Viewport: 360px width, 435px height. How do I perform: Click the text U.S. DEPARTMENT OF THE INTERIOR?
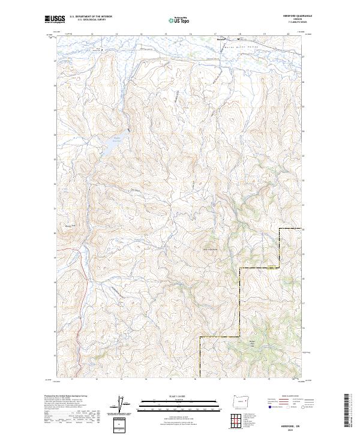[91, 17]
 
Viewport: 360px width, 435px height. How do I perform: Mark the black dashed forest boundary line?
[240, 300]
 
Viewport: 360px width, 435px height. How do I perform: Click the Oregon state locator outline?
[239, 400]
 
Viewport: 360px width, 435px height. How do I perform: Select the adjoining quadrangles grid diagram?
[234, 419]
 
